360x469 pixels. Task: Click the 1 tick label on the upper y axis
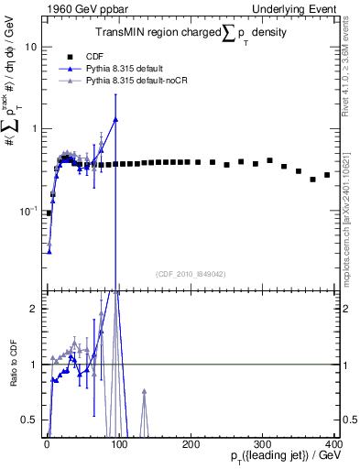[35, 128]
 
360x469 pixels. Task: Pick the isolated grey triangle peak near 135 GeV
[144, 391]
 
